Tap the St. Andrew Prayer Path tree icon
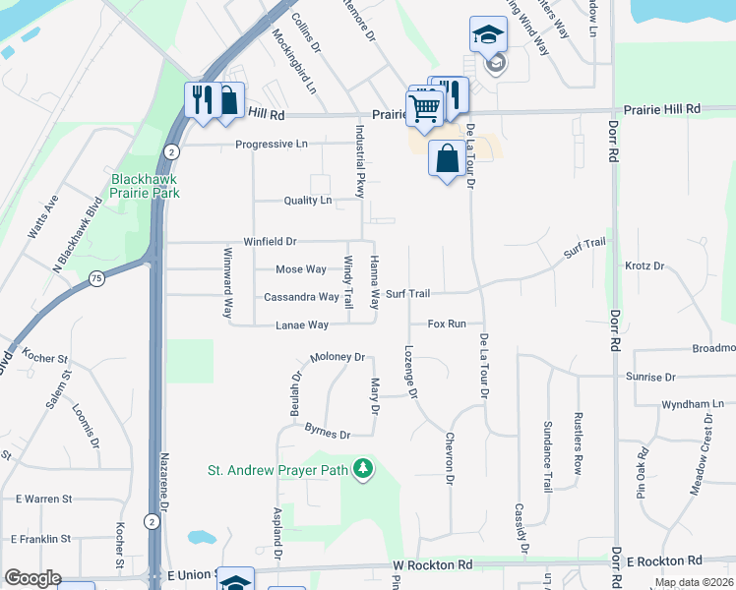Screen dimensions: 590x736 pyautogui.click(x=364, y=468)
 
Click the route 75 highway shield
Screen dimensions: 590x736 pyautogui.click(x=95, y=278)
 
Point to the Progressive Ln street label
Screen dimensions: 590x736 pyautogui.click(x=271, y=145)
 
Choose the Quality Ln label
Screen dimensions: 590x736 pyautogui.click(x=307, y=200)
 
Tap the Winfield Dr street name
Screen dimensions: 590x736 pyautogui.click(x=270, y=241)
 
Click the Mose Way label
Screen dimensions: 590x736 pyautogui.click(x=301, y=269)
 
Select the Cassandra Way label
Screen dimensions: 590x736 pyautogui.click(x=301, y=297)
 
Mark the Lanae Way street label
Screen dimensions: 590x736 pyautogui.click(x=302, y=324)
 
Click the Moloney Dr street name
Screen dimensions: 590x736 pyautogui.click(x=337, y=358)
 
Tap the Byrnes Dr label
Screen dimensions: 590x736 pyautogui.click(x=328, y=433)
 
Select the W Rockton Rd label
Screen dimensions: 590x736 pyautogui.click(x=433, y=564)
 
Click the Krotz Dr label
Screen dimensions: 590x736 pyautogui.click(x=645, y=265)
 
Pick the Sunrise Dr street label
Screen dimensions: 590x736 pyautogui.click(x=650, y=377)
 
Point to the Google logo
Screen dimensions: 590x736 pyautogui.click(x=32, y=578)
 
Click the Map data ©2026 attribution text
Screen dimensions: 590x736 pyautogui.click(x=693, y=582)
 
